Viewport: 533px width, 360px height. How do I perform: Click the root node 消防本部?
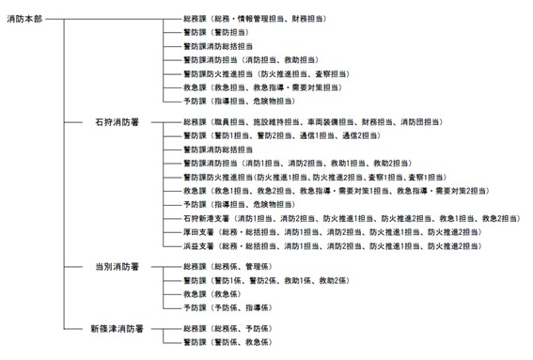pyautogui.click(x=24, y=18)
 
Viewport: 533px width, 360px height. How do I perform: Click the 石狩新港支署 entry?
pyautogui.click(x=207, y=218)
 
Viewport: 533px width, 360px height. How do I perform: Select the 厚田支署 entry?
pyautogui.click(x=199, y=231)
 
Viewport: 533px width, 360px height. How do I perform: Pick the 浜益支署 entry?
pyautogui.click(x=199, y=245)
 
